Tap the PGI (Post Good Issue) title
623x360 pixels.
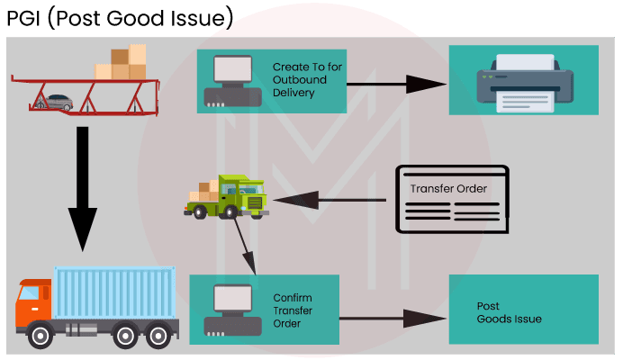(119, 18)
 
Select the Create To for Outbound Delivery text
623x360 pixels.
(301, 80)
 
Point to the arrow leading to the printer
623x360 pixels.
(397, 85)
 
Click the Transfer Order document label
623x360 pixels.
(449, 189)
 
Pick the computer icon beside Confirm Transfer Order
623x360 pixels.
(227, 310)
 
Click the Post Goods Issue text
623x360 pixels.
(509, 312)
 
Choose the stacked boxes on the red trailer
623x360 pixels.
(122, 63)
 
